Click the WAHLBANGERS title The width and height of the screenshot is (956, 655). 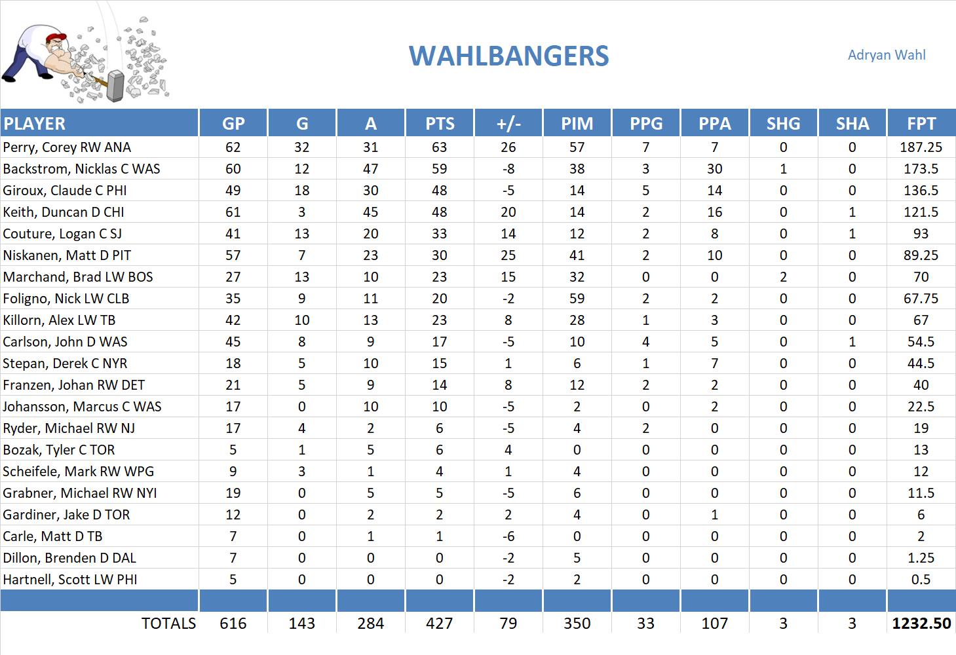pyautogui.click(x=509, y=56)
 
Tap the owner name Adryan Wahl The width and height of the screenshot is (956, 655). pyautogui.click(x=887, y=55)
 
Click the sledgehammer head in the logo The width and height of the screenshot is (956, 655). pyautogui.click(x=116, y=85)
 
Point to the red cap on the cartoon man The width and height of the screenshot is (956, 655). pyautogui.click(x=56, y=37)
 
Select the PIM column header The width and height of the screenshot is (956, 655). pyautogui.click(x=577, y=123)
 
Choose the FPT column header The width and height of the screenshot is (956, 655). pyautogui.click(x=921, y=123)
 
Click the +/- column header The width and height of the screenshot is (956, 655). pyautogui.click(x=508, y=123)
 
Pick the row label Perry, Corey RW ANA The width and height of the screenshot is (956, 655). pyautogui.click(x=67, y=147)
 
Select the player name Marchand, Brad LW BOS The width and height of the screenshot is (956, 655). pyautogui.click(x=78, y=277)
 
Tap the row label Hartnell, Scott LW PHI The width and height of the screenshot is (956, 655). pyautogui.click(x=70, y=580)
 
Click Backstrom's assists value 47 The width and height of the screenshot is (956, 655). pyautogui.click(x=370, y=169)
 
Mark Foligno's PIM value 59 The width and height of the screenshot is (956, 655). pyautogui.click(x=577, y=299)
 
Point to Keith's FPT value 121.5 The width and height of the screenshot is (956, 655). pyautogui.click(x=921, y=212)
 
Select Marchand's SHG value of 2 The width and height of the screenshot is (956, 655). pyautogui.click(x=783, y=277)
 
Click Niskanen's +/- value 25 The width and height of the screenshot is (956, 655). pyautogui.click(x=508, y=255)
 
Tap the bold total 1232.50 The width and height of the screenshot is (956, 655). pyautogui.click(x=921, y=624)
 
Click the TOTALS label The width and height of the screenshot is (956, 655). pyautogui.click(x=168, y=624)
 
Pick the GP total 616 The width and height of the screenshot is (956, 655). pyautogui.click(x=233, y=624)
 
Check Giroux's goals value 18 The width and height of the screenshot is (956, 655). pyautogui.click(x=301, y=191)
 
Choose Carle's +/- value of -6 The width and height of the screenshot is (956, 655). pyautogui.click(x=508, y=536)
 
